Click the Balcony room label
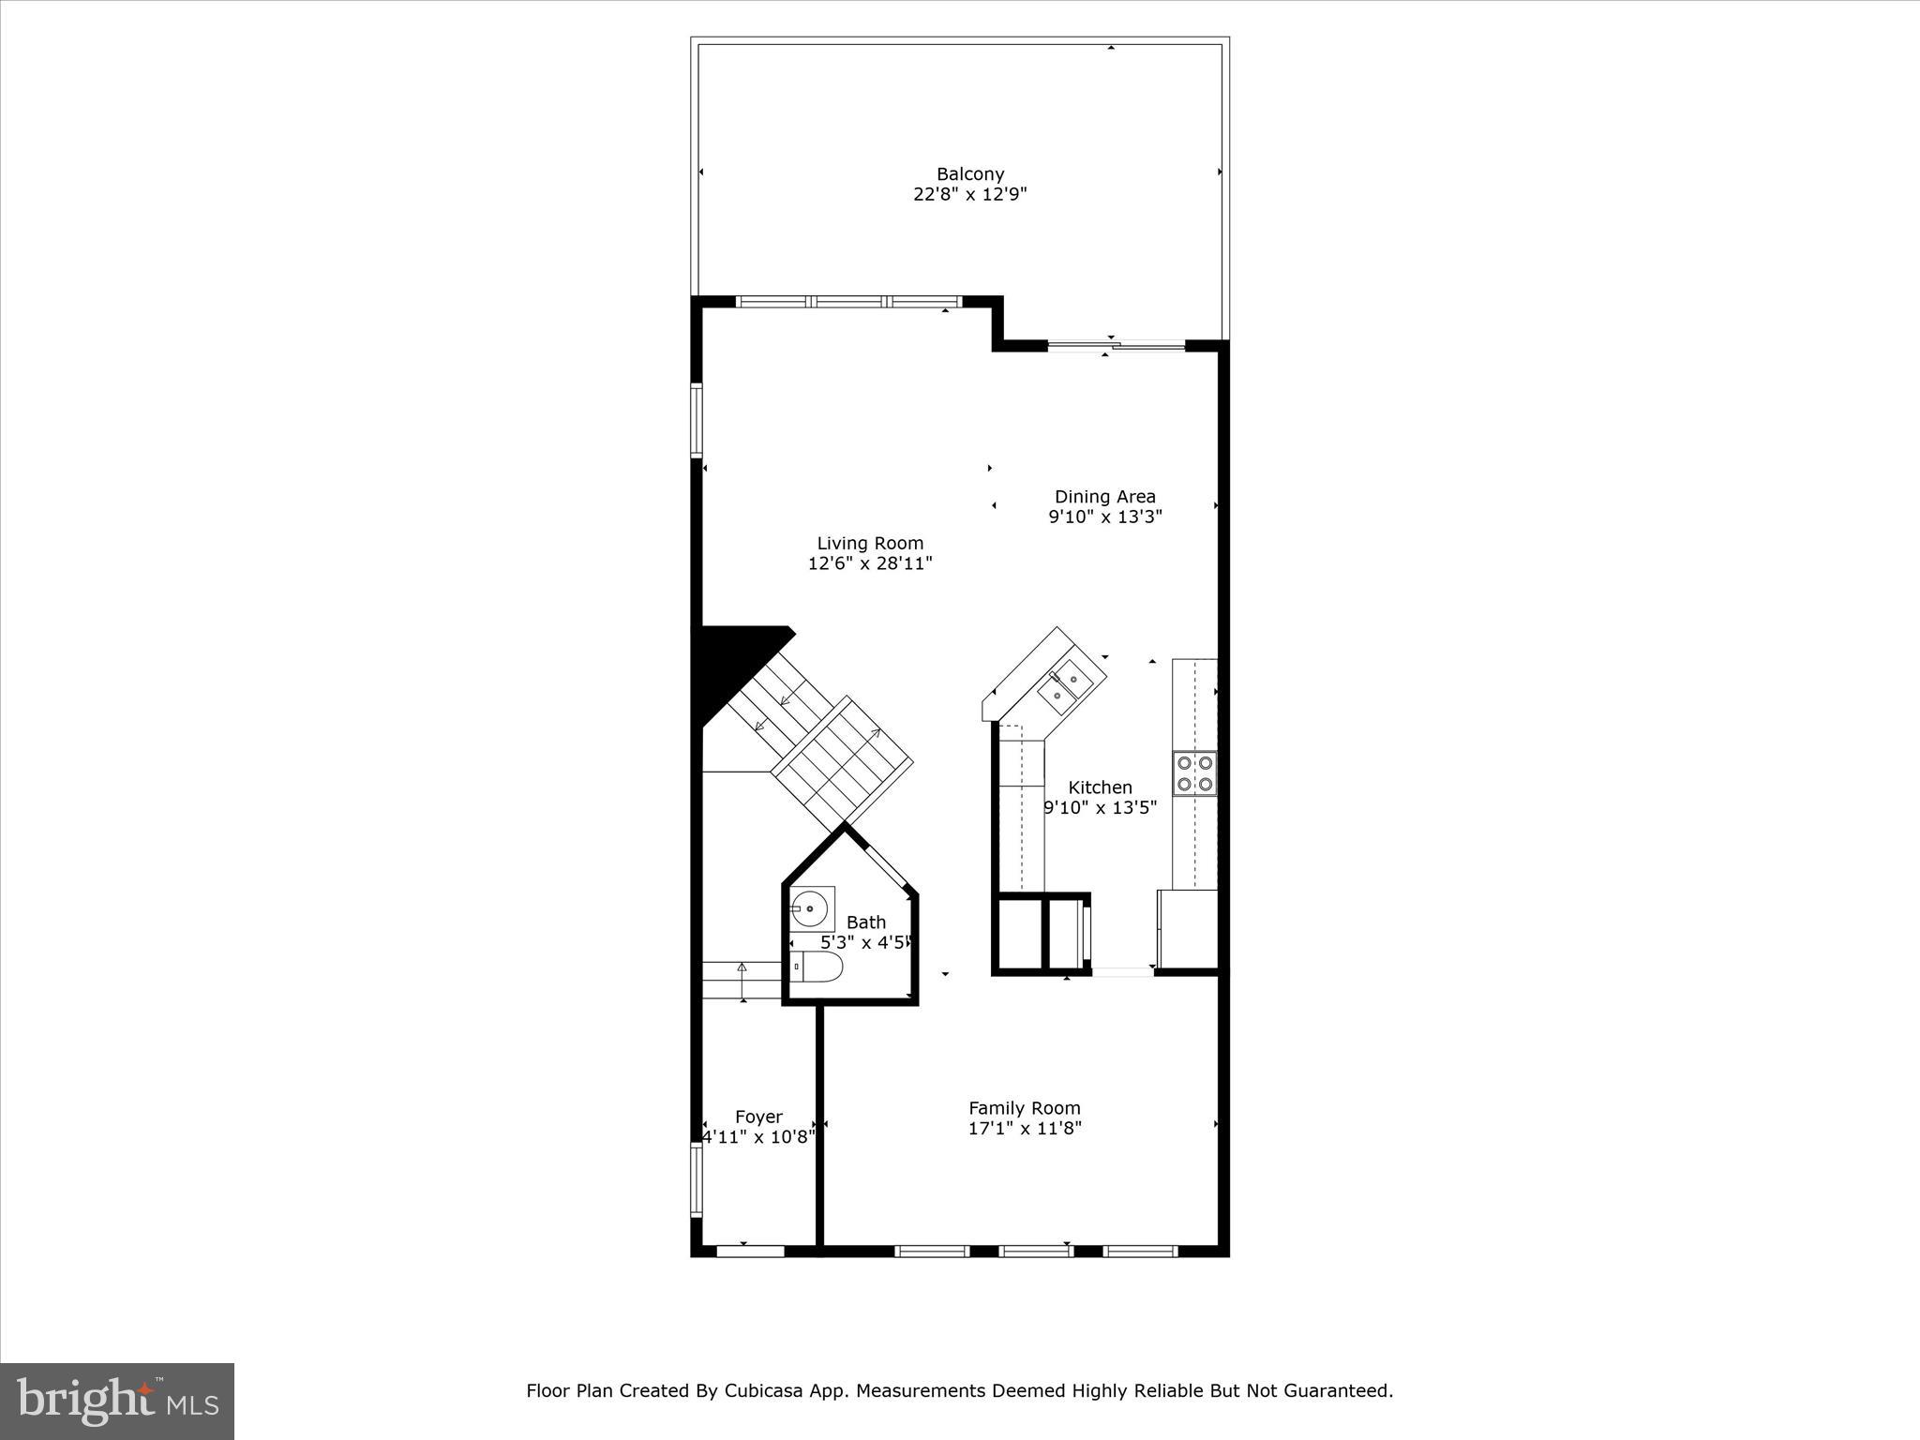point(970,174)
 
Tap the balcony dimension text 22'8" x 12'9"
point(970,195)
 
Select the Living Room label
point(870,543)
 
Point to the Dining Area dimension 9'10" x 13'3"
point(1105,517)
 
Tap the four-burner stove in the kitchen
point(1194,773)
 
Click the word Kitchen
point(1101,787)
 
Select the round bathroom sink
point(809,908)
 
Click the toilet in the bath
point(815,966)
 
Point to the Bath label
point(865,922)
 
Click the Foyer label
point(758,1117)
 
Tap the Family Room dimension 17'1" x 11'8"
point(1025,1128)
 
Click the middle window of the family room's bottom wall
point(1035,1251)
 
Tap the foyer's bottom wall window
point(750,1251)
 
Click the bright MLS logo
point(117,1401)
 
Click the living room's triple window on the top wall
point(848,302)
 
